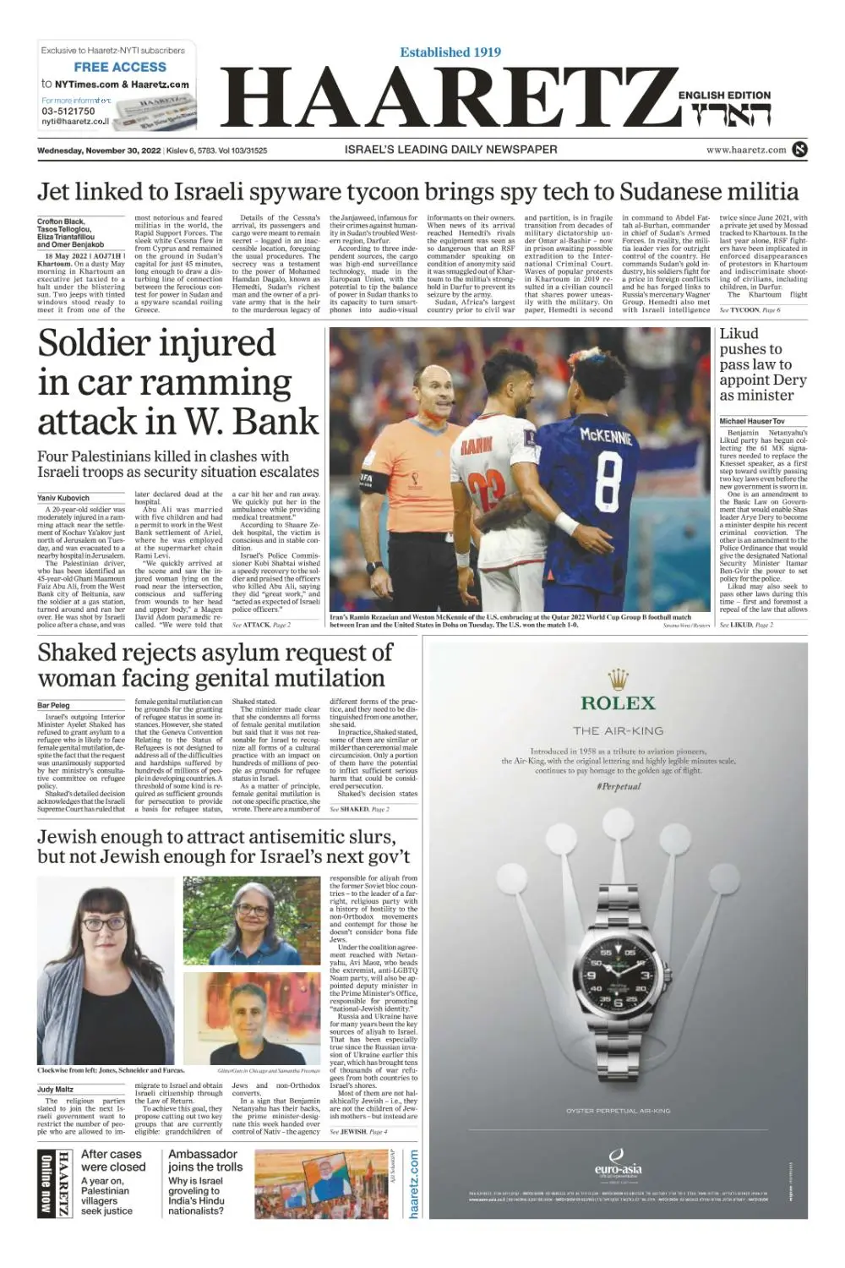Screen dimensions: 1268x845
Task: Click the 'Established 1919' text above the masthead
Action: coord(450,52)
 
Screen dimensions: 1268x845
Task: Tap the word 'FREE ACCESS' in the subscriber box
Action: coord(120,67)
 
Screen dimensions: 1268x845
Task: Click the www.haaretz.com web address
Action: coord(746,150)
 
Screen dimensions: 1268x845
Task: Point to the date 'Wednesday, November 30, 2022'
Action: coord(99,150)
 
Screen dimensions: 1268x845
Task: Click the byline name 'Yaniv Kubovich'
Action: coord(63,498)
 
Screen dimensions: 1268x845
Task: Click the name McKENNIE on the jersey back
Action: coord(606,436)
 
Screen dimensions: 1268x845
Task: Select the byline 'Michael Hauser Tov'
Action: coord(752,421)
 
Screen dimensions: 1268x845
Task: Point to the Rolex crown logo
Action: coord(619,678)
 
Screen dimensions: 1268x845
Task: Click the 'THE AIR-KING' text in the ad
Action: coord(619,730)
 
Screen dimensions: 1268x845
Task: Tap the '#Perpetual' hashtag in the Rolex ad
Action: coord(618,786)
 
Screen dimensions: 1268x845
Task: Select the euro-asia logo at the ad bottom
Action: coord(618,1164)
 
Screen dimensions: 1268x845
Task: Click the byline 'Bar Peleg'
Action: coord(53,705)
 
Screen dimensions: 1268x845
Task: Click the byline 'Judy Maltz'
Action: coord(55,1090)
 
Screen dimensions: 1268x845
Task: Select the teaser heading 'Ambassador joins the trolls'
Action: coord(204,1161)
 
